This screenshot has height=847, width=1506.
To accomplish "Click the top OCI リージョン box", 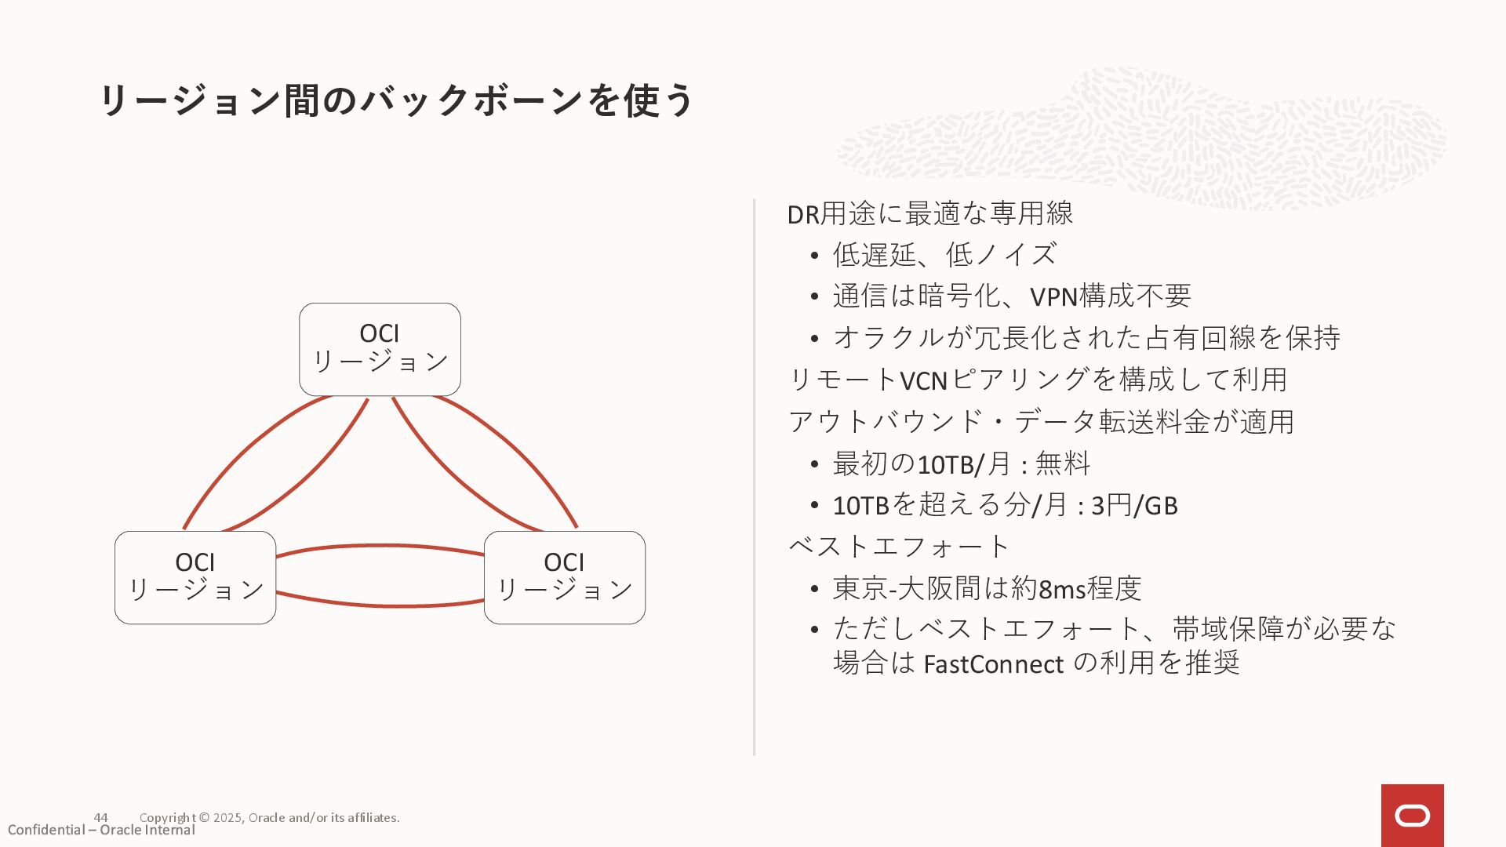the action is (380, 349).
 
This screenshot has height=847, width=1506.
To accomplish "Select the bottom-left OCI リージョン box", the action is (195, 577).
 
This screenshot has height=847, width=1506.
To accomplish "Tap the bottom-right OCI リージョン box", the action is (565, 577).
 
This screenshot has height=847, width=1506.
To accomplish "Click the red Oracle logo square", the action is (1412, 815).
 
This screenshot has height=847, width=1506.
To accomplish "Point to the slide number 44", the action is (100, 817).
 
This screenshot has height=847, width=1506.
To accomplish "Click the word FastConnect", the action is (993, 664).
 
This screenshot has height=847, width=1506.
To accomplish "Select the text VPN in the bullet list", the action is (1053, 297).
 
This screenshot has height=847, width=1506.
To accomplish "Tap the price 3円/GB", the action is (1134, 506).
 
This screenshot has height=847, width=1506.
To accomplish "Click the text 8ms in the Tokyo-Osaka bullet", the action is (1062, 589).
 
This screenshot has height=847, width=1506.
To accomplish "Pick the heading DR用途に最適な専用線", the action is (930, 213).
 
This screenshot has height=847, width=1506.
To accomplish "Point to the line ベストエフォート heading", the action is (899, 547).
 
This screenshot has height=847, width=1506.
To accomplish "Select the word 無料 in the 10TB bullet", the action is (1063, 463).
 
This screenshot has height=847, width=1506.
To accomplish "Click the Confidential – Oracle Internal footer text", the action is (101, 831).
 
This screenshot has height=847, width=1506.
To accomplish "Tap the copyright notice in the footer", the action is (269, 817).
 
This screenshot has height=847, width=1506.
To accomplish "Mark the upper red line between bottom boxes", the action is (380, 547).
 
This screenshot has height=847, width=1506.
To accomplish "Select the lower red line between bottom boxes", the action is (380, 605).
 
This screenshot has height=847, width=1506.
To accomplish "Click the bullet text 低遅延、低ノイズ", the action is (944, 255).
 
